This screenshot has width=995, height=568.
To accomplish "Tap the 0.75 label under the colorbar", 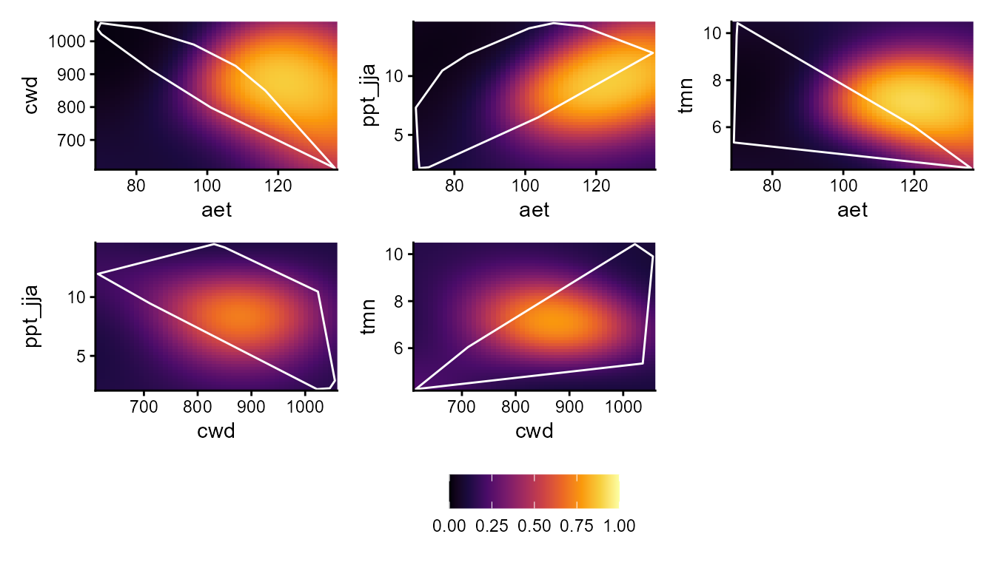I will pyautogui.click(x=576, y=527).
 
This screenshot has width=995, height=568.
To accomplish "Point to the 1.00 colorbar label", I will pyautogui.click(x=619, y=527).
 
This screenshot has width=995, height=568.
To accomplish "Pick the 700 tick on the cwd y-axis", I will pyautogui.click(x=77, y=140).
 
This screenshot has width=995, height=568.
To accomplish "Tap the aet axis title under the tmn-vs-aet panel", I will pyautogui.click(x=852, y=210).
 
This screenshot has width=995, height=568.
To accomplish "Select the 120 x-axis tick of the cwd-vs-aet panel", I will pyautogui.click(x=278, y=185).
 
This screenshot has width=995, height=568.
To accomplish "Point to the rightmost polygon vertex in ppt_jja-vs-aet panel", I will pyautogui.click(x=653, y=53).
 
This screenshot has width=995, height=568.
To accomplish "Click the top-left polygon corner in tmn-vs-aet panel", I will pyautogui.click(x=737, y=23).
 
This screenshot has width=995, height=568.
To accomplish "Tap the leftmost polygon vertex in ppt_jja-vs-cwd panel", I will pyautogui.click(x=97, y=274).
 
